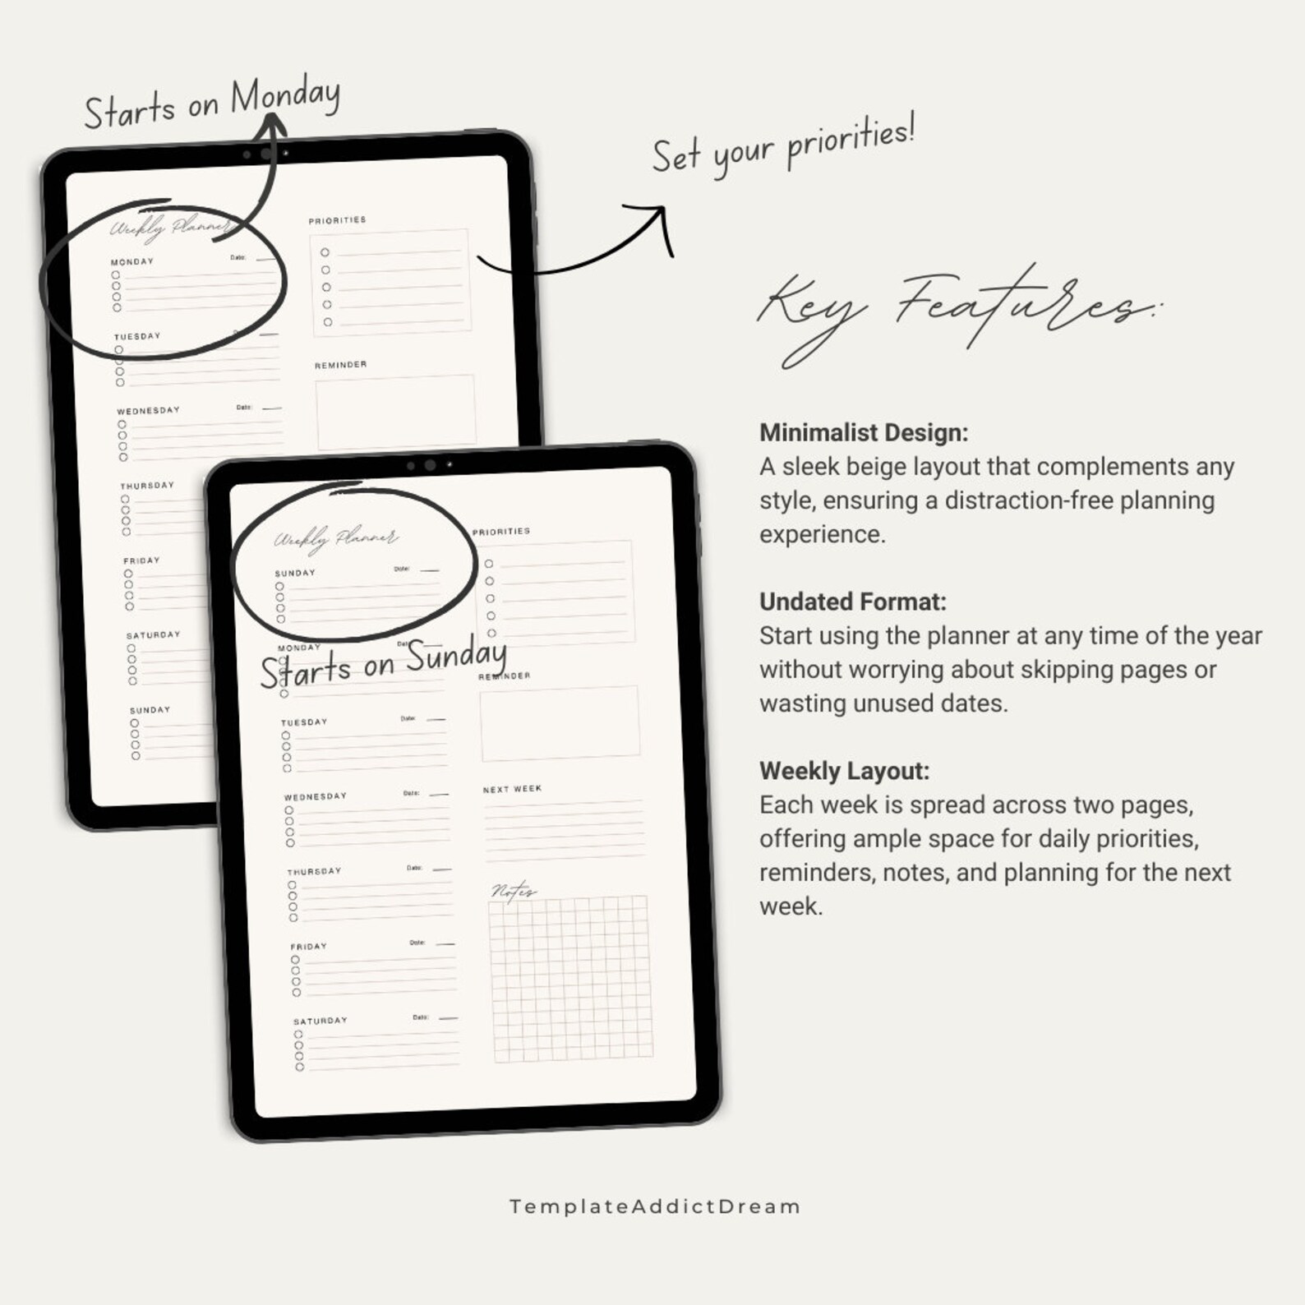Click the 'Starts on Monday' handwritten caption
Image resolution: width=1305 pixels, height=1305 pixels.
pos(212,104)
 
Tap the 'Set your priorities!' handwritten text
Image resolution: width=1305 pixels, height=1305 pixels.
pos(783,146)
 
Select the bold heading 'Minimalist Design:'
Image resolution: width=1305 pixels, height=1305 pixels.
pos(864,432)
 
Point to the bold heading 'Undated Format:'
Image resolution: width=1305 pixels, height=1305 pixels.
pos(852,602)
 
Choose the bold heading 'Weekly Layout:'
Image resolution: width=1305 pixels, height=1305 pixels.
pos(844,771)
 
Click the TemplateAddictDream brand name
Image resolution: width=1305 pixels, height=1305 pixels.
pos(654,1206)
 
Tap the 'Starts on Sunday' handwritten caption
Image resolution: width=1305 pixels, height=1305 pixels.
pos(383,664)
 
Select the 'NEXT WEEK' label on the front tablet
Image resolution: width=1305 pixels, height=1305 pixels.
pos(512,789)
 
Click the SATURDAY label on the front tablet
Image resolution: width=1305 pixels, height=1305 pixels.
pos(320,1021)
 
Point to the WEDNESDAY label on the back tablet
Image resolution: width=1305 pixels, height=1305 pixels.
pos(148,410)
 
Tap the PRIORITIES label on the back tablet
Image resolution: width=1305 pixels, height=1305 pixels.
pos(337,220)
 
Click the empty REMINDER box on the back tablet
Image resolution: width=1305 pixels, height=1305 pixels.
pos(395,411)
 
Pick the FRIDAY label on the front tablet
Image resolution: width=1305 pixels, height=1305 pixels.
pos(308,946)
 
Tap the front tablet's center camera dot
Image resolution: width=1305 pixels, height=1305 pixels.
pos(430,465)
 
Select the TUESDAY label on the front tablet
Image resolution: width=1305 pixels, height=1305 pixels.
pos(304,722)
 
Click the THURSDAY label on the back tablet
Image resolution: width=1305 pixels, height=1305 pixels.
pos(147,485)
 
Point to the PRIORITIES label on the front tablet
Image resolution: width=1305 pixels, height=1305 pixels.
pos(500,532)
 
